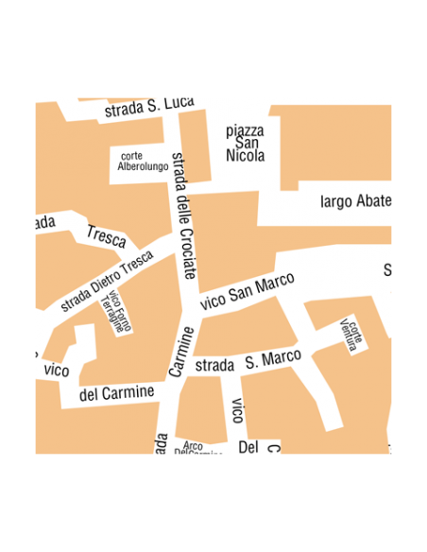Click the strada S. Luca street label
(x=149, y=107)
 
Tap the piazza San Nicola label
(x=246, y=143)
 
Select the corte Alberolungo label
(x=142, y=161)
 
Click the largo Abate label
(x=355, y=200)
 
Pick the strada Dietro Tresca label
(x=106, y=281)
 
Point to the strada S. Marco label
(x=248, y=360)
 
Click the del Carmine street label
(x=117, y=392)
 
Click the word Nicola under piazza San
(x=246, y=155)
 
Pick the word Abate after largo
(x=372, y=200)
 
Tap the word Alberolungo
(x=142, y=166)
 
